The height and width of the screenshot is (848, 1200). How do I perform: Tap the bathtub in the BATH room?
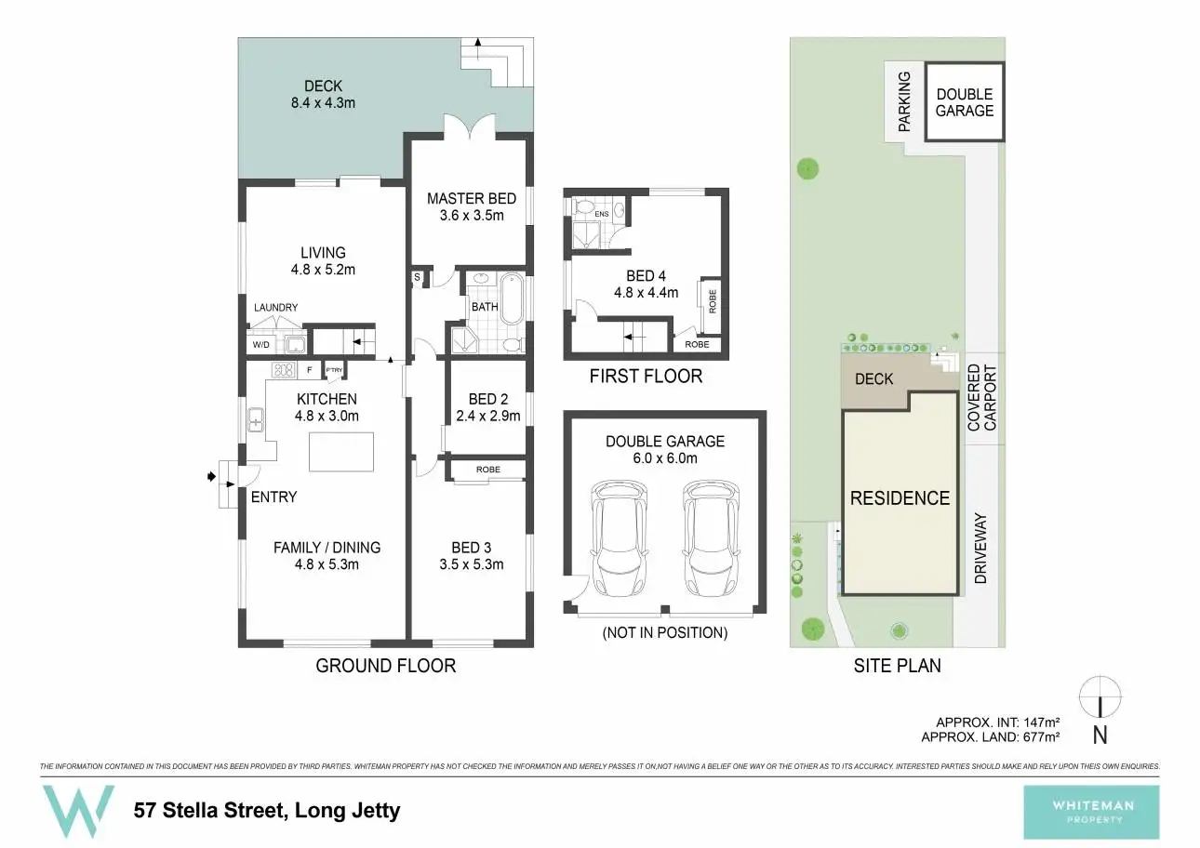[x=511, y=298]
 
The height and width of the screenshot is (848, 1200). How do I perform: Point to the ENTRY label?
[x=273, y=497]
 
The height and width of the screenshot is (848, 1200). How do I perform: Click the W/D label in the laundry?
[x=261, y=345]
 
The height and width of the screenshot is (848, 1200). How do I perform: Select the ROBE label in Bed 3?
[x=487, y=470]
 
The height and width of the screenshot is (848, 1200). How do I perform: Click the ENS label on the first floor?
[x=602, y=214]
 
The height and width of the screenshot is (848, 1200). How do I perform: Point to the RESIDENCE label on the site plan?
[x=900, y=498]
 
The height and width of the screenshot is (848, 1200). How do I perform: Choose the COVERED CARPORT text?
[x=981, y=397]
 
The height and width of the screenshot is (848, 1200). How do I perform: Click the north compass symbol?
[x=1100, y=696]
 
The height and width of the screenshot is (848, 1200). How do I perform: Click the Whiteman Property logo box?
[x=1091, y=812]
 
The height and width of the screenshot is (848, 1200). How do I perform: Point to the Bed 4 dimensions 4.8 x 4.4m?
[x=646, y=292]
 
